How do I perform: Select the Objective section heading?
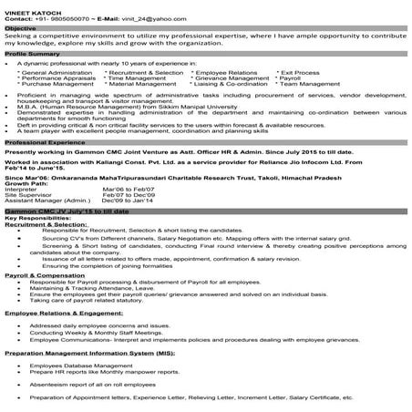tap(21, 28)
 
